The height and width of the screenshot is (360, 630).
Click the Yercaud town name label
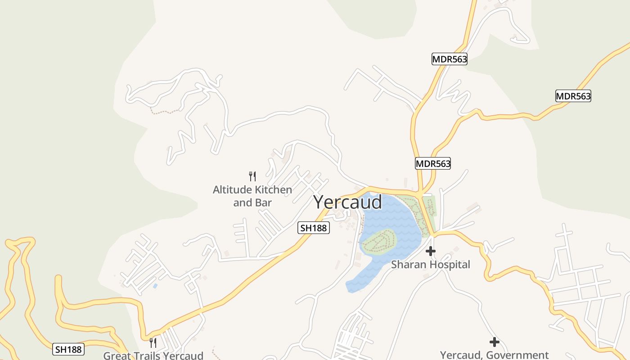click(347, 202)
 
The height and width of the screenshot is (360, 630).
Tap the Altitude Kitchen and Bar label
click(252, 196)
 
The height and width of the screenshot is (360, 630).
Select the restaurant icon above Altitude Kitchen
click(252, 176)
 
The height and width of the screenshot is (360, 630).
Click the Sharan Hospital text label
click(430, 265)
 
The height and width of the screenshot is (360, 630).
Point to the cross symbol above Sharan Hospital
click(431, 251)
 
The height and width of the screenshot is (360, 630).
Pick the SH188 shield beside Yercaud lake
click(314, 228)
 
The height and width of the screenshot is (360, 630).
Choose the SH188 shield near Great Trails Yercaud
click(68, 349)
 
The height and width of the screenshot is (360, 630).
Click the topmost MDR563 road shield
click(449, 59)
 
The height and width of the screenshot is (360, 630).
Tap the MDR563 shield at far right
click(573, 96)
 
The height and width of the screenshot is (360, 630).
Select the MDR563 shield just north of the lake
click(432, 163)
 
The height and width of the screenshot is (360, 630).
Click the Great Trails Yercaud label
click(153, 355)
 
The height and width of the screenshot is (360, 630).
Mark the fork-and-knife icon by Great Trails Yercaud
click(153, 343)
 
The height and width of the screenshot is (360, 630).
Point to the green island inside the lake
click(379, 241)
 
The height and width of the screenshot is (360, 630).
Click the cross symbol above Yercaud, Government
click(495, 342)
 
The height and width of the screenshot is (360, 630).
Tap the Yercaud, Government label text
click(494, 355)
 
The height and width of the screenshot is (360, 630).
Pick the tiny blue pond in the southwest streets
click(155, 286)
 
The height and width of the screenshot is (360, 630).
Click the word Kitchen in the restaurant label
click(273, 190)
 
